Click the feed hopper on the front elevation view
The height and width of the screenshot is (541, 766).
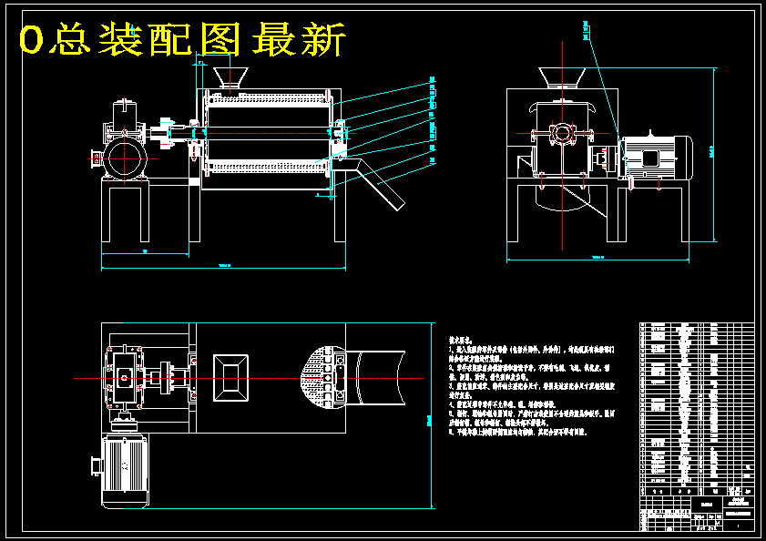coord(228,78)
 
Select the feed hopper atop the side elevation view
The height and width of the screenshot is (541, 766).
coord(561,78)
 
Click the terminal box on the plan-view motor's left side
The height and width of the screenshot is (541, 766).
coord(94,465)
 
